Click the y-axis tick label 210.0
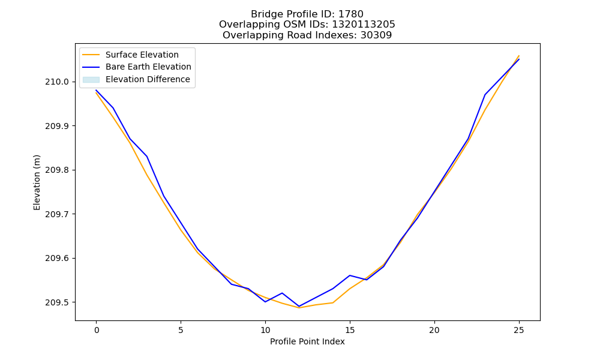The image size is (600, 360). click(x=57, y=82)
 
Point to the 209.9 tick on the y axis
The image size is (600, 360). click(x=57, y=126)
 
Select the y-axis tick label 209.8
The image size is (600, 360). click(x=57, y=170)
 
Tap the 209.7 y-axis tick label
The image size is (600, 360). click(x=57, y=214)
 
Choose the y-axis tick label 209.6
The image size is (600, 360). click(x=57, y=258)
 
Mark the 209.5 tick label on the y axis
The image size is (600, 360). click(x=57, y=302)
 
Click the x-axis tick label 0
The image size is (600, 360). click(x=97, y=330)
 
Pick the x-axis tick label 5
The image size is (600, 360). click(x=181, y=330)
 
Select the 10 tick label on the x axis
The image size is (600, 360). click(x=265, y=330)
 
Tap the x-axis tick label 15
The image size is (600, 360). click(x=350, y=330)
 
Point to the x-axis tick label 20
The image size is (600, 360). click(x=434, y=330)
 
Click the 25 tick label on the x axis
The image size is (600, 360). click(x=519, y=330)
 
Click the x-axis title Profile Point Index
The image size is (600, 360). click(x=307, y=341)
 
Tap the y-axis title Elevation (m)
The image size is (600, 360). click(x=37, y=182)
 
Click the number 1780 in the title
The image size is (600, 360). click(x=351, y=14)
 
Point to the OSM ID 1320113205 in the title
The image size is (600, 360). click(x=364, y=25)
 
